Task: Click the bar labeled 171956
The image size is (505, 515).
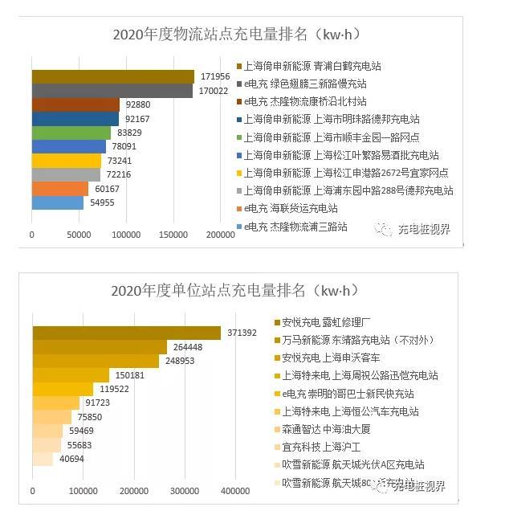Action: pyautogui.click(x=112, y=76)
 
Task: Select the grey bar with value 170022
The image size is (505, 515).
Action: pyautogui.click(x=112, y=91)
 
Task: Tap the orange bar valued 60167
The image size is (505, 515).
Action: pyautogui.click(x=60, y=189)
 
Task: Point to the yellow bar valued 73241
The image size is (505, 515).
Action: pyautogui.click(x=66, y=161)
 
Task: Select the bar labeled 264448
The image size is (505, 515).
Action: pyautogui.click(x=100, y=347)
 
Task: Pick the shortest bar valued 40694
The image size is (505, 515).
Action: pyautogui.click(x=43, y=460)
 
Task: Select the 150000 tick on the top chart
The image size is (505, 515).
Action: pyautogui.click(x=173, y=235)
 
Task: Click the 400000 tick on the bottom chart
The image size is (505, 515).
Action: pyautogui.click(x=235, y=491)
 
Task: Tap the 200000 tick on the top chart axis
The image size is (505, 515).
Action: pyautogui.click(x=219, y=235)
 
